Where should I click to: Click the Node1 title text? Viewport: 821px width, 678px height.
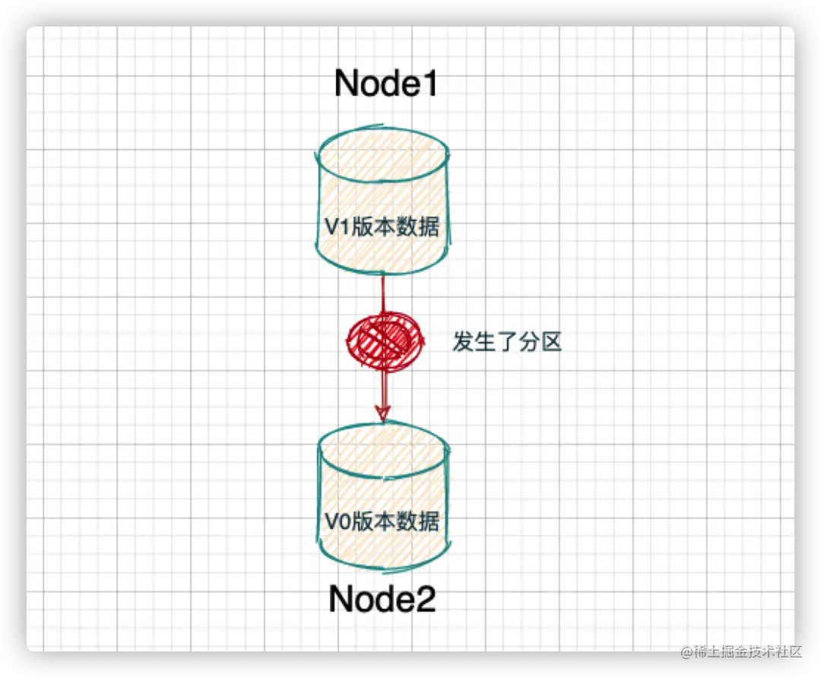pyautogui.click(x=386, y=84)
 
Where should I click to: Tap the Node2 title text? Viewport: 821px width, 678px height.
pyautogui.click(x=382, y=600)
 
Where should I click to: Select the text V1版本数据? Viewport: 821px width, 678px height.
pyautogui.click(x=382, y=227)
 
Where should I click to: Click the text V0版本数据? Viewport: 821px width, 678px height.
pyautogui.click(x=382, y=521)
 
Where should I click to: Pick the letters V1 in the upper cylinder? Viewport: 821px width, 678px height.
pyautogui.click(x=337, y=227)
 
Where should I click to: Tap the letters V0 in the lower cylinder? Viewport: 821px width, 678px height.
pyautogui.click(x=337, y=521)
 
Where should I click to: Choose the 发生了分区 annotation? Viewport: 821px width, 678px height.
pyautogui.click(x=507, y=342)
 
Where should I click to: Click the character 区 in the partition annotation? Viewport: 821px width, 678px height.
pyautogui.click(x=551, y=342)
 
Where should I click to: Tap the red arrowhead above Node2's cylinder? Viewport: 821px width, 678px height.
pyautogui.click(x=382, y=413)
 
